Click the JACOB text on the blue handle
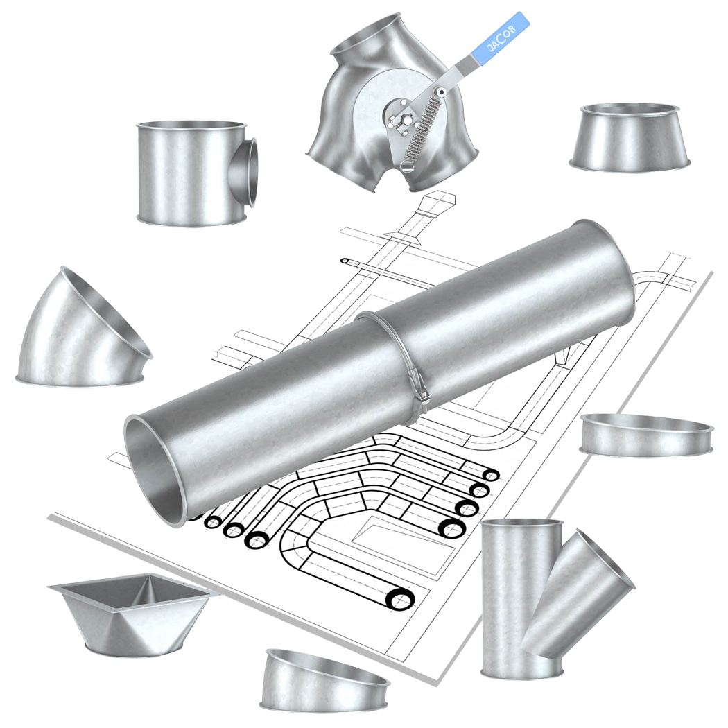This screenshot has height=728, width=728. click(501, 38)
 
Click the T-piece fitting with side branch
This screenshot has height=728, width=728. click(197, 173)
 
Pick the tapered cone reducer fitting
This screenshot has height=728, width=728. click(630, 137)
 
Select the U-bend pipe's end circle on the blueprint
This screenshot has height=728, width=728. click(400, 600)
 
